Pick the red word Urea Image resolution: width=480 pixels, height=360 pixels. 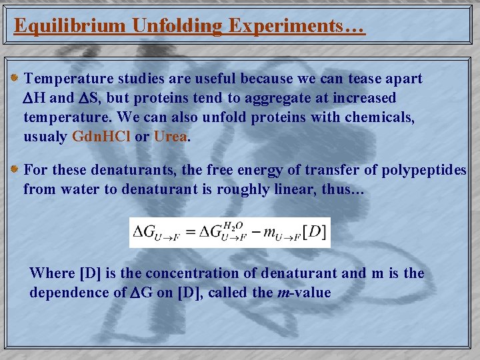point(171,137)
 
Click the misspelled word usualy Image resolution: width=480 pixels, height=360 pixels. point(45,137)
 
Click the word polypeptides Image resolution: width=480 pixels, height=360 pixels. point(424,169)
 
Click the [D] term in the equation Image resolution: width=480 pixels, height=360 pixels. point(313,233)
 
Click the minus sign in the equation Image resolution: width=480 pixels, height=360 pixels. point(257,233)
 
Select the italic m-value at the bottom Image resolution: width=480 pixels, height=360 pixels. point(303,292)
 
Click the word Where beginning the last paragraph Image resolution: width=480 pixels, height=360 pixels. point(52,273)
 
